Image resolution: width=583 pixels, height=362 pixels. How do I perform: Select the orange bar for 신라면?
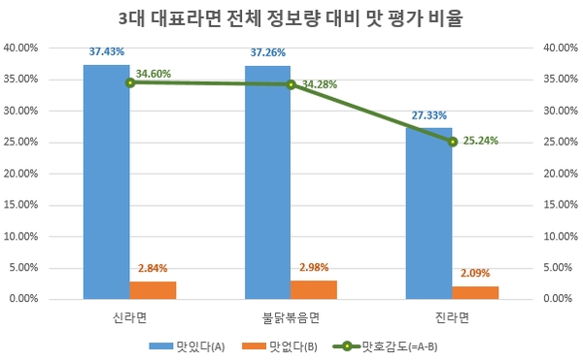(x=153, y=290)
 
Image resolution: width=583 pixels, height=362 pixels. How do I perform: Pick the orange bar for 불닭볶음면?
(x=314, y=289)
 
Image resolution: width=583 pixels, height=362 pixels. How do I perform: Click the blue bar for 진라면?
(x=429, y=214)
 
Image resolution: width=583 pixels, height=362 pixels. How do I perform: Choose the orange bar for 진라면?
(x=475, y=292)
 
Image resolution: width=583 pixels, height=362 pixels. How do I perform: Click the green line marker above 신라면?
(x=130, y=82)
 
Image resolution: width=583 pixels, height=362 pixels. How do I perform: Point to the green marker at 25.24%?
(x=452, y=142)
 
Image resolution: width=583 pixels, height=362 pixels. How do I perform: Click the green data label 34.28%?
(x=321, y=84)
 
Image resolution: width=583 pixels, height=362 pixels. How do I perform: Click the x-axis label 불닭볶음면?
(x=291, y=316)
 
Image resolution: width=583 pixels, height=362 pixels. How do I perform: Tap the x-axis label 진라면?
(x=452, y=316)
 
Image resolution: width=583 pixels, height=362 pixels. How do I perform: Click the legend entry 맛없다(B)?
(x=291, y=346)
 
